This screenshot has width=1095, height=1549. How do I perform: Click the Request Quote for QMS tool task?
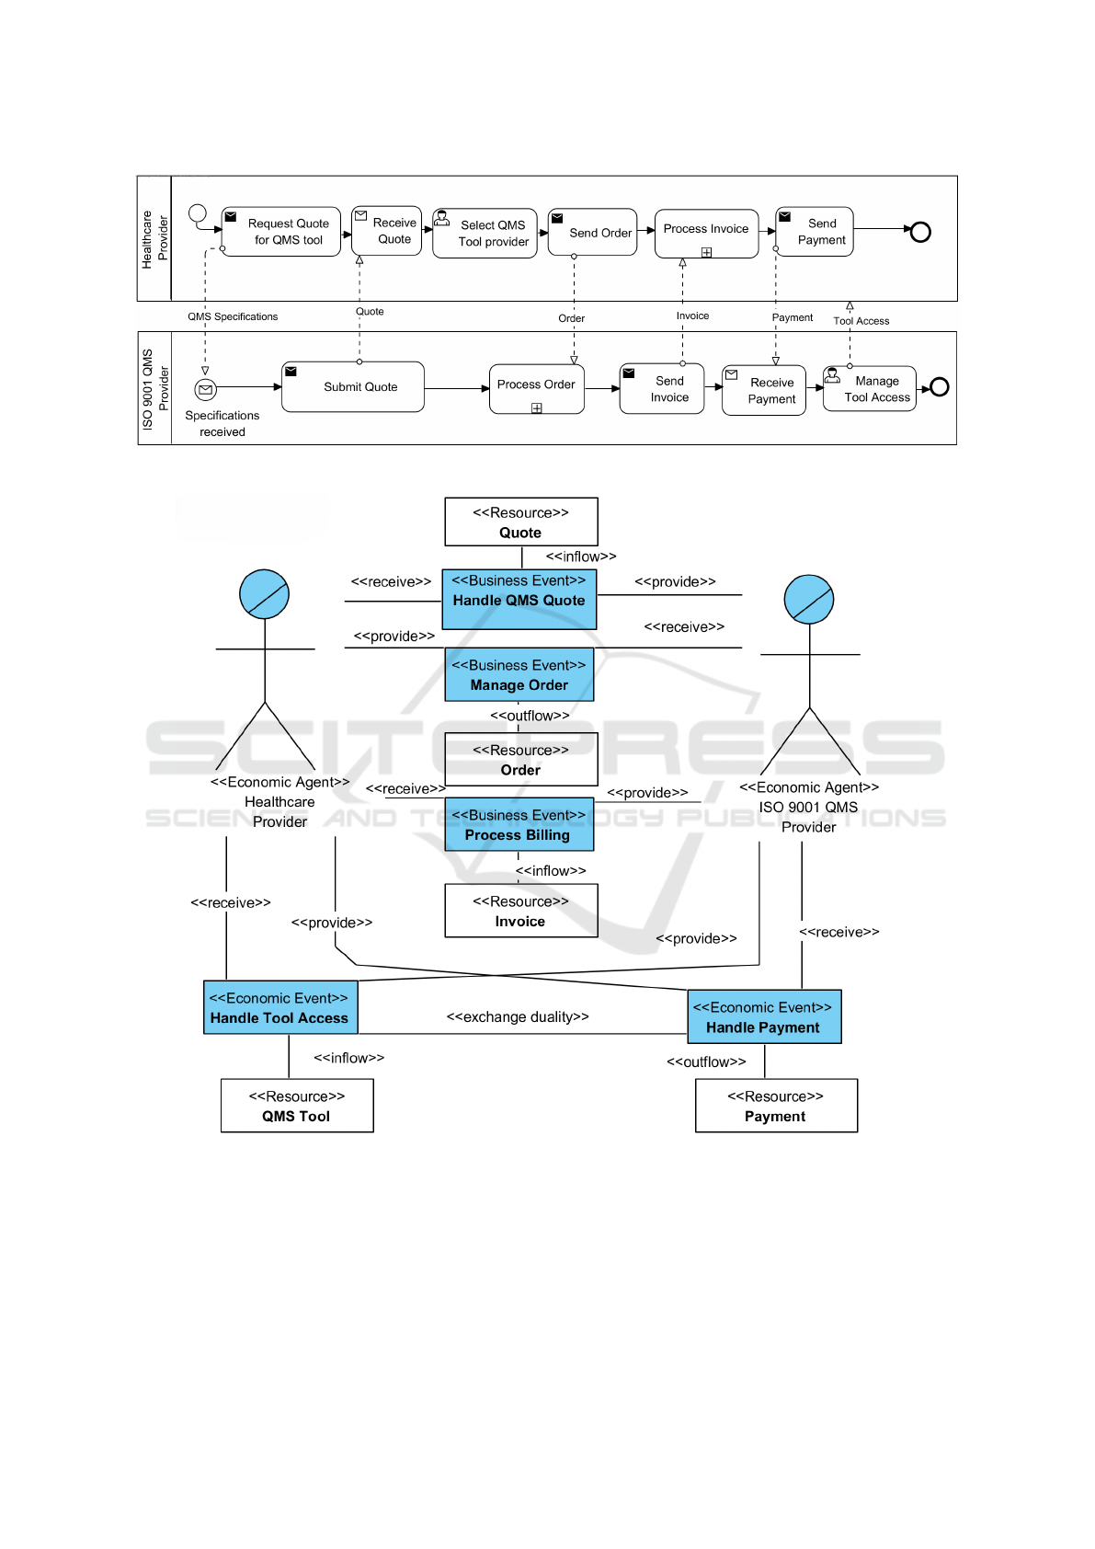(281, 232)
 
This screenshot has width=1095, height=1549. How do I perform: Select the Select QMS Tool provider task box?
(485, 233)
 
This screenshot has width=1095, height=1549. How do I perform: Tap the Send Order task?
(592, 233)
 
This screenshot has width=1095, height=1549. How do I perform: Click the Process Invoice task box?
(706, 234)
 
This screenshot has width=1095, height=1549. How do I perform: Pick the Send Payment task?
(815, 232)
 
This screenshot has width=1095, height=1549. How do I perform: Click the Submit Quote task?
(353, 386)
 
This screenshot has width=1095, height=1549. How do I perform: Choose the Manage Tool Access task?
(870, 389)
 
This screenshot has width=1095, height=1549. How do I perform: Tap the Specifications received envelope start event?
(205, 390)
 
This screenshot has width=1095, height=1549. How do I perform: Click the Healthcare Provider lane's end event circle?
(920, 232)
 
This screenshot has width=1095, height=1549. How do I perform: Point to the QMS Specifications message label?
(233, 316)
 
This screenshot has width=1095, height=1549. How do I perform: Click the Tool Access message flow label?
(861, 321)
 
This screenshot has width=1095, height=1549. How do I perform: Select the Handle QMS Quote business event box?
(519, 599)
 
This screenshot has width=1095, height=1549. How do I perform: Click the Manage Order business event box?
(519, 675)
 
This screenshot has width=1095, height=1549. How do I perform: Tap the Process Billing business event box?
(519, 824)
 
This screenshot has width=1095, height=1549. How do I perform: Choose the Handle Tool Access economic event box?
(280, 1007)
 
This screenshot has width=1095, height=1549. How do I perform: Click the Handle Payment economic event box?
(765, 1016)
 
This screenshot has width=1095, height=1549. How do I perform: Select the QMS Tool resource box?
(297, 1106)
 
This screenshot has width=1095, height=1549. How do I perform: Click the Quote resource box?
(521, 522)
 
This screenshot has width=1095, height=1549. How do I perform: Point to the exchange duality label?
(518, 1016)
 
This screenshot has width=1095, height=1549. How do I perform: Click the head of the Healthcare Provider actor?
(264, 594)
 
